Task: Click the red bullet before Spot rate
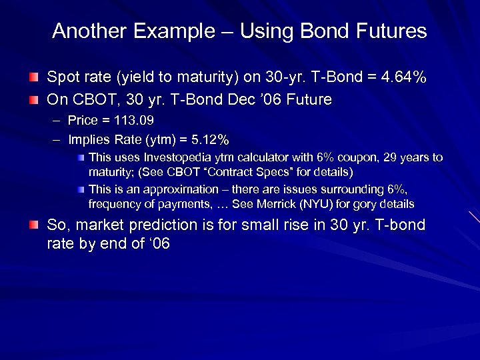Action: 33,79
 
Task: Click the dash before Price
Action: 54,121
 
